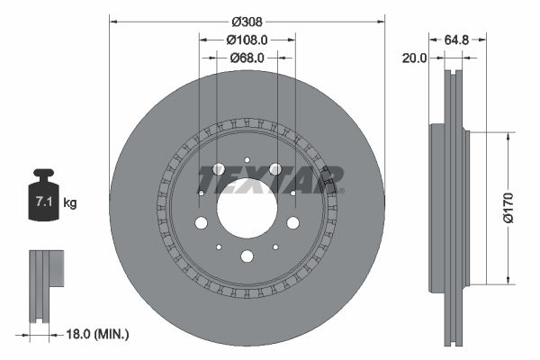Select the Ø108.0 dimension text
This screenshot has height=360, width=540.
[247, 40]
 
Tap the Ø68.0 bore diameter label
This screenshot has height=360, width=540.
[247, 58]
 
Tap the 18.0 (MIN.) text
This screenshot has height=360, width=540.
[100, 335]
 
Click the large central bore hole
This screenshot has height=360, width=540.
[247, 208]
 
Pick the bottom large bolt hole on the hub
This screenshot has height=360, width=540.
[247, 256]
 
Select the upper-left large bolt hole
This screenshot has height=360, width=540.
[218, 169]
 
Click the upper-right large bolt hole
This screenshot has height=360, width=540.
[275, 169]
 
